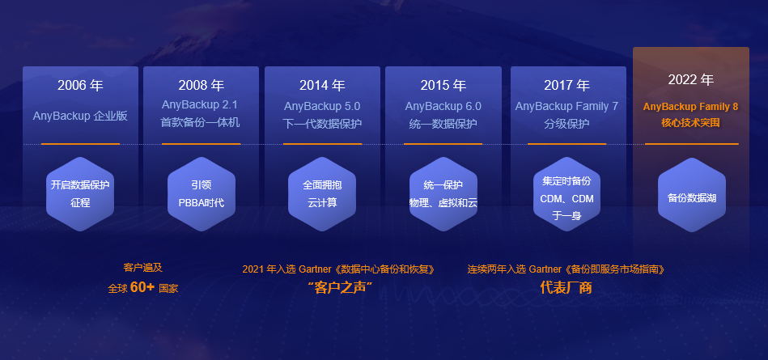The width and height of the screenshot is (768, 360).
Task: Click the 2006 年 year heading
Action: coord(80,86)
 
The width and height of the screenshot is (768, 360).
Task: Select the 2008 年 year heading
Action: coord(201,86)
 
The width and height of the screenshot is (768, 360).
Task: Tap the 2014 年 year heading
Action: coord(322,86)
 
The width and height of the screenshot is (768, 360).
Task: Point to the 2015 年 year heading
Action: coord(443,86)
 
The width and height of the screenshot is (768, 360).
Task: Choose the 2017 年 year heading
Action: coord(566,86)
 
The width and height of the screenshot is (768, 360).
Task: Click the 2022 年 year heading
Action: coord(690,80)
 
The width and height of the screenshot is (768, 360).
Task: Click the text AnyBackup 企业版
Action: coord(80,116)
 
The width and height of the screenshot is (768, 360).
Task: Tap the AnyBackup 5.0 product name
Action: coord(322,106)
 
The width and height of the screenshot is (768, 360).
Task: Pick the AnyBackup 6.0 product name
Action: coord(443,106)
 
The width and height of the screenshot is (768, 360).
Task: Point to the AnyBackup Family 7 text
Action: coord(566,106)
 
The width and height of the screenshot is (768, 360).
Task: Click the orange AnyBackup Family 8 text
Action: coord(690,106)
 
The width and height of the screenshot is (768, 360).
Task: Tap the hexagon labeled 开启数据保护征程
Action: coord(80,194)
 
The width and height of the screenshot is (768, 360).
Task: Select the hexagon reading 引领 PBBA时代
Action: coord(201,194)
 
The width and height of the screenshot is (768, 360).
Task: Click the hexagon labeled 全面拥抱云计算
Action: coord(322,194)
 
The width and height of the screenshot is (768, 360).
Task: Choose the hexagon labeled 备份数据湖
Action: coord(690,194)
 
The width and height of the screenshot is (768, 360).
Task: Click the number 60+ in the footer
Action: coord(142,287)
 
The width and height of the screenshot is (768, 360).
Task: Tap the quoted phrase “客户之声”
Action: coord(339,287)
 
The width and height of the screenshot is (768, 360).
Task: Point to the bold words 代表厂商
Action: coord(566,287)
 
